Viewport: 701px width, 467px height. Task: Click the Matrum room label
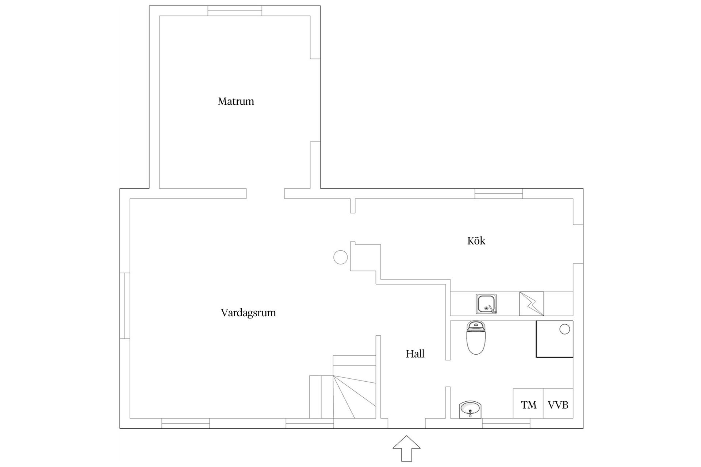(x=236, y=101)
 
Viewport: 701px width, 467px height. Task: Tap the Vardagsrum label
(x=248, y=313)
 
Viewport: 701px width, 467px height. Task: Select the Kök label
(x=476, y=241)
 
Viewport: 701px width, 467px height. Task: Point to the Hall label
(x=415, y=354)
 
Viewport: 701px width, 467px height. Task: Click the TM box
(x=528, y=405)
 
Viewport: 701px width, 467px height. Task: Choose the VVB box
(x=558, y=405)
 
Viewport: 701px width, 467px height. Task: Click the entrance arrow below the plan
(x=407, y=448)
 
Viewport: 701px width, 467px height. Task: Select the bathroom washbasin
(x=470, y=409)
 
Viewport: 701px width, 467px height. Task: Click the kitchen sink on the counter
(x=486, y=304)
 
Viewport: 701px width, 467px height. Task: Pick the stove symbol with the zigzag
(x=532, y=304)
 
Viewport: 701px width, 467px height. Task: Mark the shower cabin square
(x=554, y=339)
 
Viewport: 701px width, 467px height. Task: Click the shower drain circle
(x=564, y=329)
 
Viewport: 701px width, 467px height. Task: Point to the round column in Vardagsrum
(x=340, y=257)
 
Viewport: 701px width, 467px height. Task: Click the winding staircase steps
(x=354, y=394)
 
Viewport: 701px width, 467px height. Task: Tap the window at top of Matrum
(x=235, y=11)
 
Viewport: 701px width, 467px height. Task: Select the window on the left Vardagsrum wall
(x=125, y=305)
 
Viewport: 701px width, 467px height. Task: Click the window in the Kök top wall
(x=498, y=193)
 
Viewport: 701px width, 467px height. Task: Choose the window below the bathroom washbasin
(x=506, y=423)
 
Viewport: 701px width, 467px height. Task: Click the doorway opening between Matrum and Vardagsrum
(x=265, y=193)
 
